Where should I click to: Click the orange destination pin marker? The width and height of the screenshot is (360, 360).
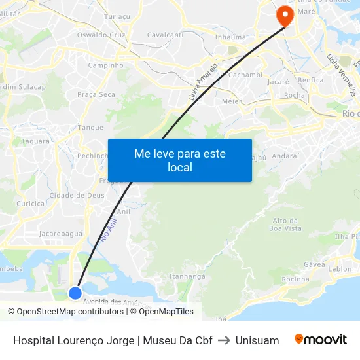pyautogui.click(x=285, y=16)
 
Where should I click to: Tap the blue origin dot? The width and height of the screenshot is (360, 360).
pyautogui.click(x=75, y=293)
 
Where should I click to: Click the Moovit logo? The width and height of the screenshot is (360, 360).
pyautogui.click(x=321, y=340)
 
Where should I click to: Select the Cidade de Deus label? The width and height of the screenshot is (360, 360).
pyautogui.click(x=77, y=195)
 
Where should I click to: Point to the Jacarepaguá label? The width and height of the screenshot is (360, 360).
pyautogui.click(x=61, y=233)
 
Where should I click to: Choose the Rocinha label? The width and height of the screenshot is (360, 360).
pyautogui.click(x=295, y=279)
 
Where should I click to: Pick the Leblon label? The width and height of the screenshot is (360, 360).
pyautogui.click(x=340, y=269)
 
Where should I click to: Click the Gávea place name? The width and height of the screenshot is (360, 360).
pyautogui.click(x=314, y=264)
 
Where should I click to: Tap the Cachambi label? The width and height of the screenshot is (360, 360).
pyautogui.click(x=245, y=75)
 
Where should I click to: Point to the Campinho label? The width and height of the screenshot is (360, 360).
pyautogui.click(x=105, y=65)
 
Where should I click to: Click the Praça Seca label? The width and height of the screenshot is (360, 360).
pyautogui.click(x=96, y=95)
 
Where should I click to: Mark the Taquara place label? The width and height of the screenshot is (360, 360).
pyautogui.click(x=35, y=141)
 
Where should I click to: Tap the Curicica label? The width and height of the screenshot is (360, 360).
pyautogui.click(x=31, y=204)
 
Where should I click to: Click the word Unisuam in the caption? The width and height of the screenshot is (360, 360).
pyautogui.click(x=257, y=340)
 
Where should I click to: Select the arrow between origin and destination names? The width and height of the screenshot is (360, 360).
pyautogui.click(x=224, y=340)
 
